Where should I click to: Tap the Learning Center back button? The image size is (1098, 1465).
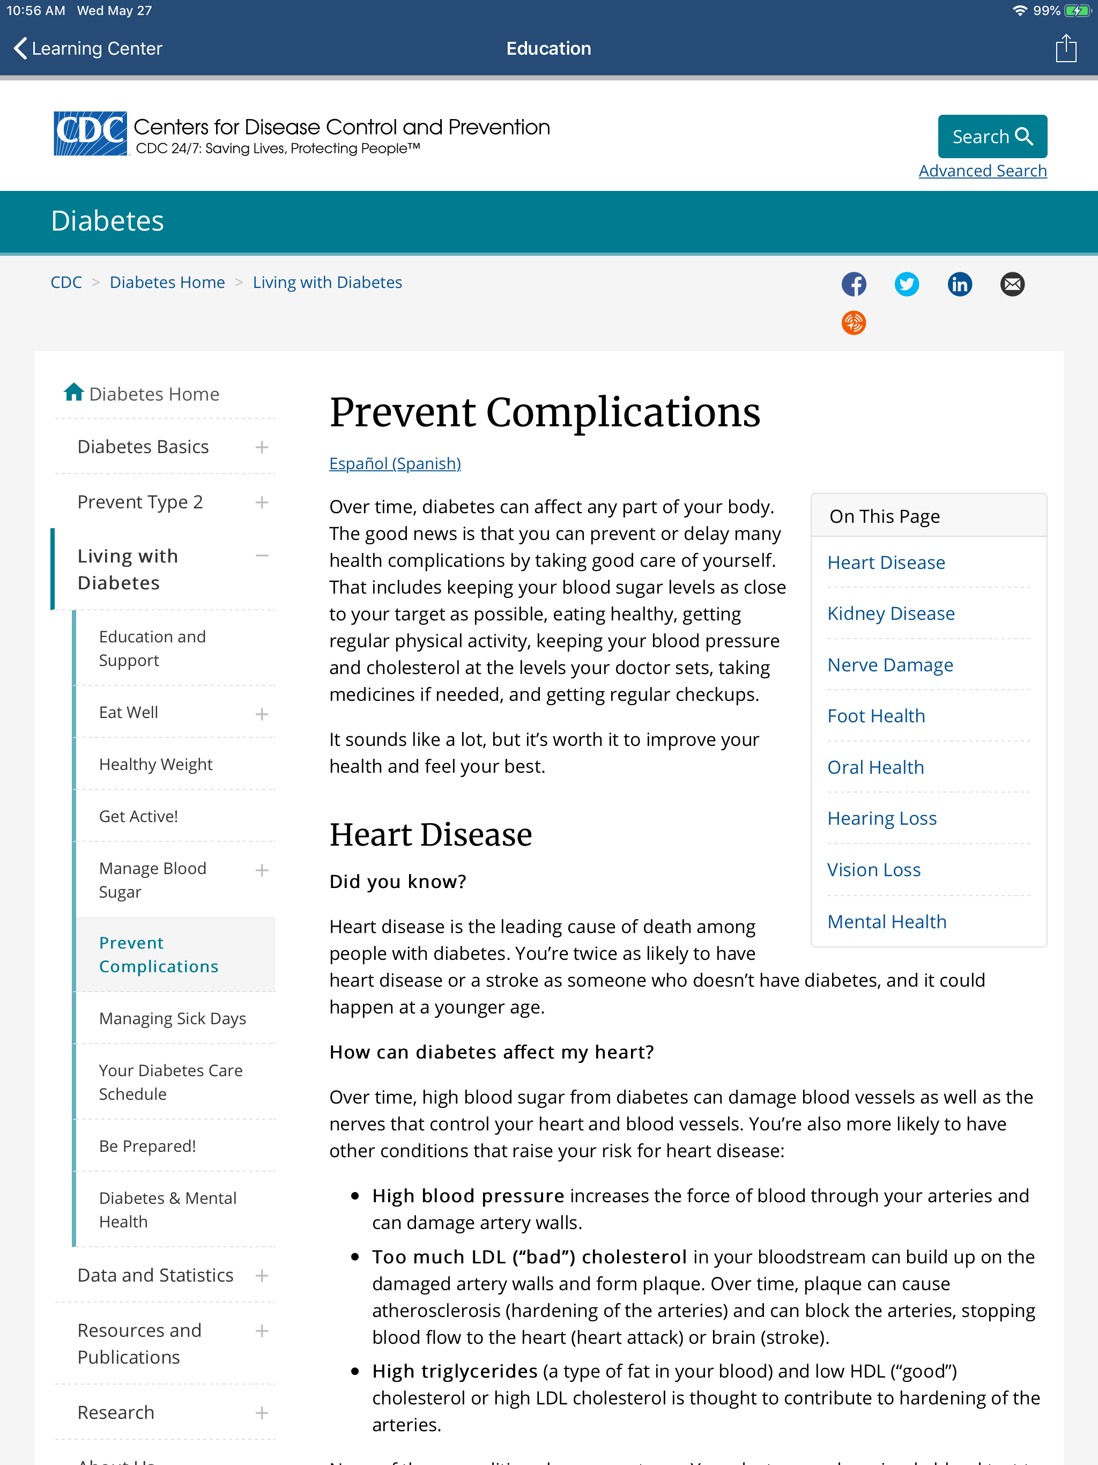tap(88, 48)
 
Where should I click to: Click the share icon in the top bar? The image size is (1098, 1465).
tap(1065, 48)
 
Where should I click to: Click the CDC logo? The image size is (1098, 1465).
tap(90, 133)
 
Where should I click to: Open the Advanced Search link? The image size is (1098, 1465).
tap(982, 171)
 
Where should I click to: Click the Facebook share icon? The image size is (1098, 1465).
tap(854, 284)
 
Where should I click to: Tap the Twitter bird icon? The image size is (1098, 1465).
tap(907, 284)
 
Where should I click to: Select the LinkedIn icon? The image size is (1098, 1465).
tap(960, 284)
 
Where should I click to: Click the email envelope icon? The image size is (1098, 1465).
tap(1012, 284)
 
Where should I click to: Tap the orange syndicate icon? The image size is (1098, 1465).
tap(854, 323)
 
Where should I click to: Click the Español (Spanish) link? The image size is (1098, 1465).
tap(395, 464)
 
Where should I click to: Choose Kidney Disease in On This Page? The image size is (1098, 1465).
tap(891, 613)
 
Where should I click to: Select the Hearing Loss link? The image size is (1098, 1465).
tap(881, 819)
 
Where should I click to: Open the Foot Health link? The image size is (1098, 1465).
tap(876, 716)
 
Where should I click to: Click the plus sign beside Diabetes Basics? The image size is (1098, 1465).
tap(262, 448)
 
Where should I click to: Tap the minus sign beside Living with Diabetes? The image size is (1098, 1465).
tap(262, 556)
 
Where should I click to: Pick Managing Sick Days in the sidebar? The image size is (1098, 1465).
tap(172, 1019)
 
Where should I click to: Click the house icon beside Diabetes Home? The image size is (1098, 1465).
tap(73, 393)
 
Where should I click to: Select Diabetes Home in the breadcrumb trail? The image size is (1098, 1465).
tap(167, 282)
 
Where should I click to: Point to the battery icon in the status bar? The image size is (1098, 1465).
tap(1078, 11)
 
